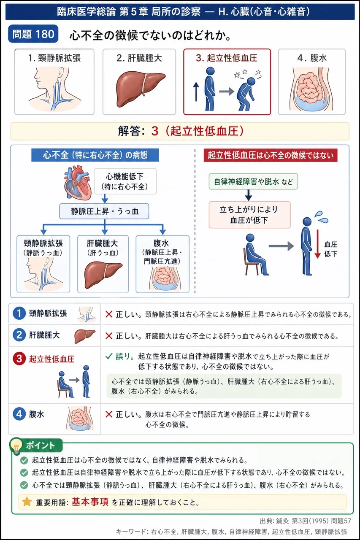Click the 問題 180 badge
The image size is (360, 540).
click(x=33, y=34)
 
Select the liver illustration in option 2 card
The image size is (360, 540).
click(x=141, y=89)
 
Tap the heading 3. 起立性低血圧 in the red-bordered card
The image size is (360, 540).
click(x=227, y=58)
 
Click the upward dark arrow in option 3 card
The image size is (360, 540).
click(x=196, y=92)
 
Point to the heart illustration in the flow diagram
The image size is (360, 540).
click(x=78, y=183)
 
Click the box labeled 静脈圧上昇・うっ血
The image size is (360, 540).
click(x=104, y=211)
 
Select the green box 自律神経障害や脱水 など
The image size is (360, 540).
click(x=253, y=181)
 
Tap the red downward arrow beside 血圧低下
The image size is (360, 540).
click(x=317, y=244)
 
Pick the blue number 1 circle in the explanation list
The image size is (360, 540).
click(x=19, y=313)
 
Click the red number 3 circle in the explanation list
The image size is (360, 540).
click(x=19, y=359)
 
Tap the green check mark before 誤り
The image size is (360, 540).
click(x=109, y=356)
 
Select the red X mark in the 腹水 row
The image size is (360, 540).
click(x=109, y=414)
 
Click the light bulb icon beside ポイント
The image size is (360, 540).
click(x=16, y=446)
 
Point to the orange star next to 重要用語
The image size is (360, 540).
click(x=27, y=502)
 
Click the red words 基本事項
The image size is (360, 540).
click(x=90, y=502)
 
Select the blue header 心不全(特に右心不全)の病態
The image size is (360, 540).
click(x=95, y=155)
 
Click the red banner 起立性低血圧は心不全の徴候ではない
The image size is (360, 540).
click(x=271, y=155)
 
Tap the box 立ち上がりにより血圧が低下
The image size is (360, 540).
click(x=249, y=215)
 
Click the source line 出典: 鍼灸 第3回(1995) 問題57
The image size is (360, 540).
click(x=305, y=521)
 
